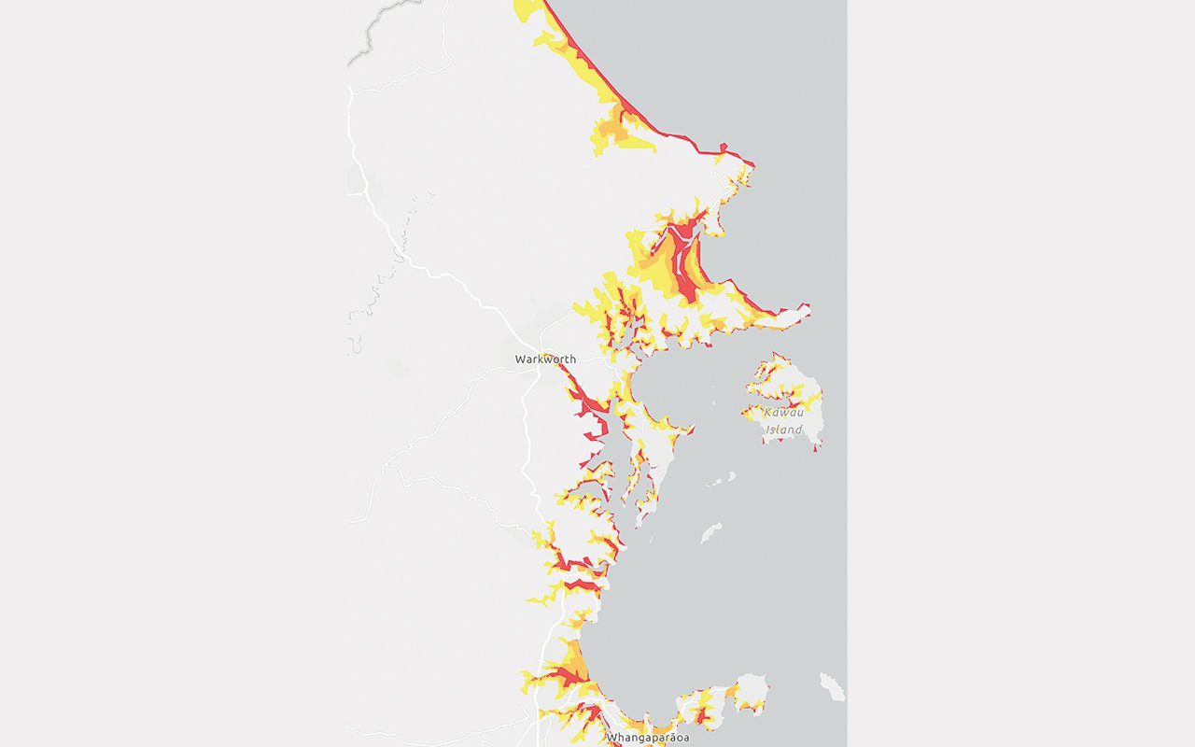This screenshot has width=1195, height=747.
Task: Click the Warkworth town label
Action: [545, 359]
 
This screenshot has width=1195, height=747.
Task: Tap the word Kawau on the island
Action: [782, 413]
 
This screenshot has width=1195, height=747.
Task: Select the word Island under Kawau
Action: [783, 430]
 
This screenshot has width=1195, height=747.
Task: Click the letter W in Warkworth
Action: [520, 359]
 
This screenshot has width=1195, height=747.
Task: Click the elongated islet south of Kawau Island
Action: [710, 532]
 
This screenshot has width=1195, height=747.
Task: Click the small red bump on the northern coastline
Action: [723, 147]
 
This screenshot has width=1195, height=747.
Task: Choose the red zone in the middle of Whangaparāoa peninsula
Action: [701, 716]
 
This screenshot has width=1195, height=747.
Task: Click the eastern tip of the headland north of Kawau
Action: [807, 306]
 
